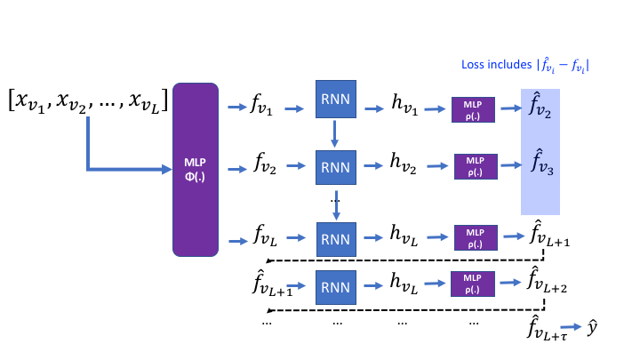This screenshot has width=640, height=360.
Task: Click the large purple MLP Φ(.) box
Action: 196,169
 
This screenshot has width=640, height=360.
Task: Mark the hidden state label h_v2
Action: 405,164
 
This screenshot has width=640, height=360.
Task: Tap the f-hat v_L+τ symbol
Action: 546,330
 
